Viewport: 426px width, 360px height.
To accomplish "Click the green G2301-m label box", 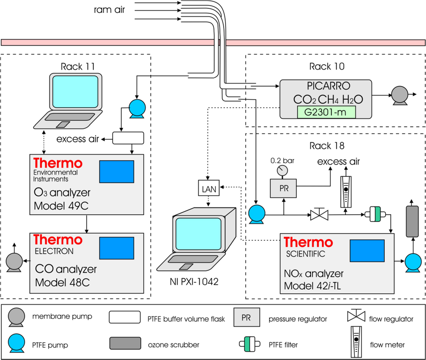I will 326,112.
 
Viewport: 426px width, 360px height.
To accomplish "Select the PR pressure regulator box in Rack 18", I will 283,188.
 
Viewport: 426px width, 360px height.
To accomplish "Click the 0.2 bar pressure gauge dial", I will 282,170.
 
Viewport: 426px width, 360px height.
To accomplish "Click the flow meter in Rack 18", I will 346,192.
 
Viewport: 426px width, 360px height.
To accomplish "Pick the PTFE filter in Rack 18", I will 375,214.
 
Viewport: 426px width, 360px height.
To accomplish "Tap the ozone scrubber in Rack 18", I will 412,221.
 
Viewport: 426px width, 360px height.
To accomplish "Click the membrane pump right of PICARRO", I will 400,95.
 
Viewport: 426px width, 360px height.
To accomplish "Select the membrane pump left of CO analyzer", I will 14,262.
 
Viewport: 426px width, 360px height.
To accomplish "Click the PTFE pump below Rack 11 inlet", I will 137,108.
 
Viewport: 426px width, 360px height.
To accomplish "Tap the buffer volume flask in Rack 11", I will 128,138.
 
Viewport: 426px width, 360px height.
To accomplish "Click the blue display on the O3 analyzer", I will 117,172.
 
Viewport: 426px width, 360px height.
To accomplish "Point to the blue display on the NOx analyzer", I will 367,251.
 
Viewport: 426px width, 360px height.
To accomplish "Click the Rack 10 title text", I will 327,66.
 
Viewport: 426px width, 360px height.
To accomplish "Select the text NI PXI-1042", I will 194,282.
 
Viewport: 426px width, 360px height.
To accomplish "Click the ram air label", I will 109,10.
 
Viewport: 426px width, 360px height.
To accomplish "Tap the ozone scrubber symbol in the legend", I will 125,343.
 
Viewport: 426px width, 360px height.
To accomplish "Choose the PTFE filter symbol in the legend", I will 250,344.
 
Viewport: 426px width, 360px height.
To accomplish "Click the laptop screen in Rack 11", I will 75,92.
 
